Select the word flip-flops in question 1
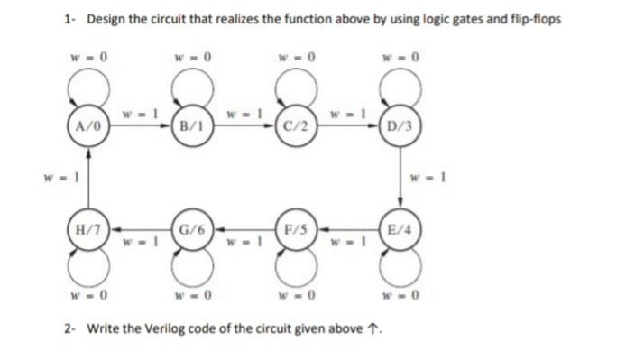(x=535, y=20)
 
